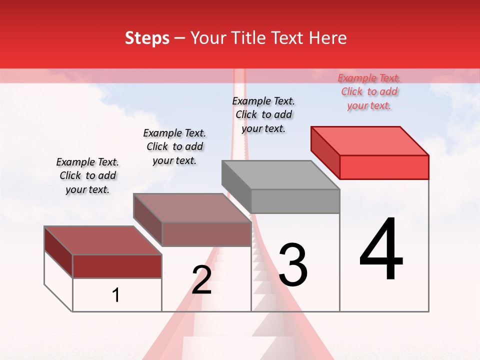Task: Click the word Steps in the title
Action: click(x=147, y=38)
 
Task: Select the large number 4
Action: click(x=381, y=250)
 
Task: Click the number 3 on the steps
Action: click(x=293, y=265)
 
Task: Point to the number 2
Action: click(x=201, y=280)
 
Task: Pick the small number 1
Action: click(x=116, y=295)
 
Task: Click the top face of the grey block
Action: click(x=280, y=175)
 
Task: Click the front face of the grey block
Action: click(x=295, y=201)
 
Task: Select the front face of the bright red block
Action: click(x=384, y=167)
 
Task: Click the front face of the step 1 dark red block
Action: click(x=117, y=266)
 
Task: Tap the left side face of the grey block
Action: click(x=236, y=181)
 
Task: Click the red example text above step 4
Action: click(x=369, y=91)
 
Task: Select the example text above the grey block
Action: click(x=263, y=114)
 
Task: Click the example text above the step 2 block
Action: click(x=174, y=146)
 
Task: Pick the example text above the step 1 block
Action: click(x=87, y=175)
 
